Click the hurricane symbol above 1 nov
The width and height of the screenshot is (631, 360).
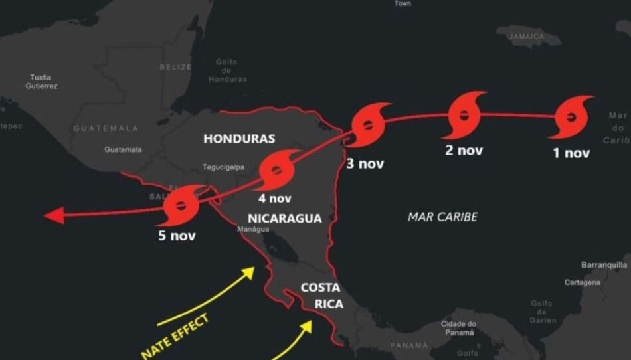(571, 117)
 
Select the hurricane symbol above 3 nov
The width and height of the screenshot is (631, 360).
(367, 124)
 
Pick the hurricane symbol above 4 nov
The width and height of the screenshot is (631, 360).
(276, 170)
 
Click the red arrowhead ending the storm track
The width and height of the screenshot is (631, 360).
(54, 215)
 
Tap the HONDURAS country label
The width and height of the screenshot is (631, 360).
(239, 139)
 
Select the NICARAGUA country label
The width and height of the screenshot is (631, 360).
(284, 218)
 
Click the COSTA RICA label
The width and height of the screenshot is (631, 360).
(321, 296)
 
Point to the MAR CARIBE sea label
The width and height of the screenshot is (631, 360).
(442, 217)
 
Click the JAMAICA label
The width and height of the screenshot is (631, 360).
(527, 37)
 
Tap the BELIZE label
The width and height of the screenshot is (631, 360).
(175, 67)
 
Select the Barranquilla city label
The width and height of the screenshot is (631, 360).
(604, 264)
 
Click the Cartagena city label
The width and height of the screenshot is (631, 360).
(583, 282)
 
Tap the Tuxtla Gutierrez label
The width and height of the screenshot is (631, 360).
(42, 82)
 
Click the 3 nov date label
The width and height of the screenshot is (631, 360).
(365, 163)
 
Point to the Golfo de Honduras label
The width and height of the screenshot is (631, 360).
(227, 70)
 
